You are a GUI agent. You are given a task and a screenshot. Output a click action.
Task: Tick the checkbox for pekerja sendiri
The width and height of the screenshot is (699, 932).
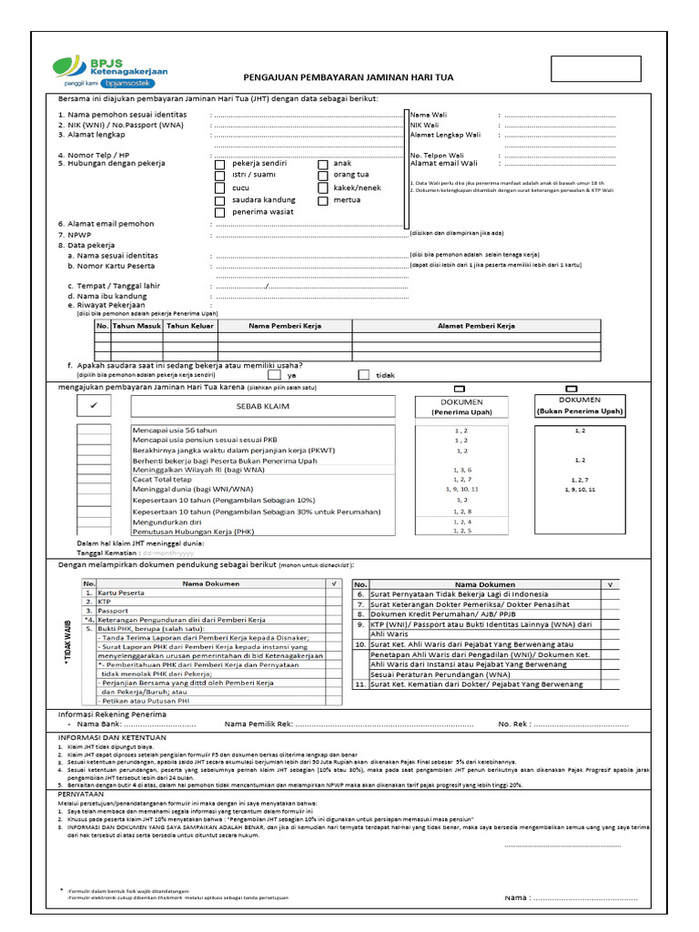(x=219, y=164)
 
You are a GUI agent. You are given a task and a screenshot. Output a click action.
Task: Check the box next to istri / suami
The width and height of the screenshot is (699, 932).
(x=219, y=176)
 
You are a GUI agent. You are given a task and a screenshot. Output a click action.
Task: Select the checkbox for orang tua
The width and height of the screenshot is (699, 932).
(x=323, y=176)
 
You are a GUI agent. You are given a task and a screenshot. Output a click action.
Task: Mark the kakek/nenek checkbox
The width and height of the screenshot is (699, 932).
(x=323, y=188)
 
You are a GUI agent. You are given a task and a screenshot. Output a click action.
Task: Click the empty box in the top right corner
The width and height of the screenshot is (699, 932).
(x=607, y=68)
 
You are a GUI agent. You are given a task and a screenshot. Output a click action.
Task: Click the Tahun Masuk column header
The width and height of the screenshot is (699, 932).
(x=137, y=325)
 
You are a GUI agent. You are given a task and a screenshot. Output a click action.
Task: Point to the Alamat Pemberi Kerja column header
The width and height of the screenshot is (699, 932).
(x=476, y=325)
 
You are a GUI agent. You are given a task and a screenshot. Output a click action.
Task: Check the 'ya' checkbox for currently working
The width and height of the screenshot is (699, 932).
(x=274, y=374)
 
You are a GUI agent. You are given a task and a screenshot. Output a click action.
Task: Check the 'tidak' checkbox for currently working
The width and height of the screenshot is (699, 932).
(x=363, y=374)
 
